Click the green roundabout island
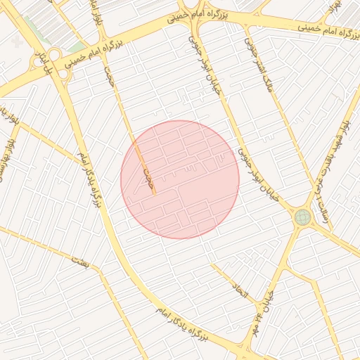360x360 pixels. coord(302,217)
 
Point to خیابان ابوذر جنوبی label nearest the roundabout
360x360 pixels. coord(262,176)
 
